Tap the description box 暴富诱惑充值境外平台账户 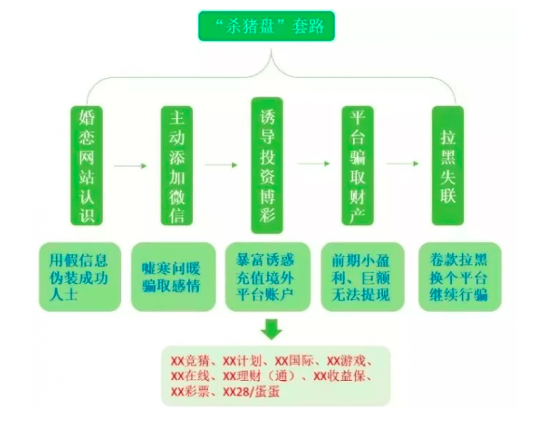tap(267, 276)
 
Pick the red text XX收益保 tap(342, 376)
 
